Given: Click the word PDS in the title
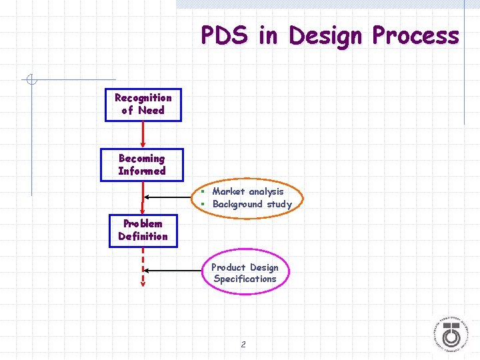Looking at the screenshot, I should pyautogui.click(x=224, y=35).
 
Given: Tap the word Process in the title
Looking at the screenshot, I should pyautogui.click(x=415, y=35).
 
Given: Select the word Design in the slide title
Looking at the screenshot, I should pyautogui.click(x=324, y=35).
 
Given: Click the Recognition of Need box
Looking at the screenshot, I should pyautogui.click(x=143, y=105).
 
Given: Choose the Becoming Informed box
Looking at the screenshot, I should pyautogui.click(x=141, y=165).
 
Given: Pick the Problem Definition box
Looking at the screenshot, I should pyautogui.click(x=143, y=230).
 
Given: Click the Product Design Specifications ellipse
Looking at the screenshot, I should pyautogui.click(x=245, y=273).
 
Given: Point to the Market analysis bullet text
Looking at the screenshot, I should pyautogui.click(x=247, y=191).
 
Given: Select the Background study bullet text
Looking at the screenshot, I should pyautogui.click(x=252, y=204).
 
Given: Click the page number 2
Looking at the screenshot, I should pyautogui.click(x=243, y=345).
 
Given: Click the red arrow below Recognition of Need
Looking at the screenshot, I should pyautogui.click(x=143, y=135).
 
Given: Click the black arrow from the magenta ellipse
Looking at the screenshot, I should pyautogui.click(x=173, y=270).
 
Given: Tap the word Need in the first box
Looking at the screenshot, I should pyautogui.click(x=151, y=111).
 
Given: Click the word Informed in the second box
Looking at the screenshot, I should pyautogui.click(x=141, y=171).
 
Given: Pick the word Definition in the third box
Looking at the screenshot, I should pyautogui.click(x=143, y=237).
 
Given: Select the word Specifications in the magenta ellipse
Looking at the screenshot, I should pyautogui.click(x=245, y=279).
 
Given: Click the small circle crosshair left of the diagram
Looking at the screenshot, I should pyautogui.click(x=31, y=81).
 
